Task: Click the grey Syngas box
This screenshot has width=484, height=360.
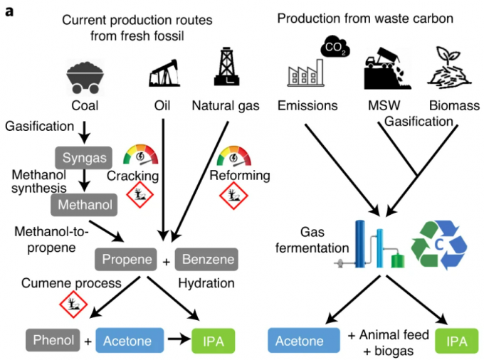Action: [x=81, y=157]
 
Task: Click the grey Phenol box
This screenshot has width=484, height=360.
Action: [x=53, y=340]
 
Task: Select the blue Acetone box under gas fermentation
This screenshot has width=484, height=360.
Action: [x=303, y=340]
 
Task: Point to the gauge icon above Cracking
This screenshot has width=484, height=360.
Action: [x=140, y=156]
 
